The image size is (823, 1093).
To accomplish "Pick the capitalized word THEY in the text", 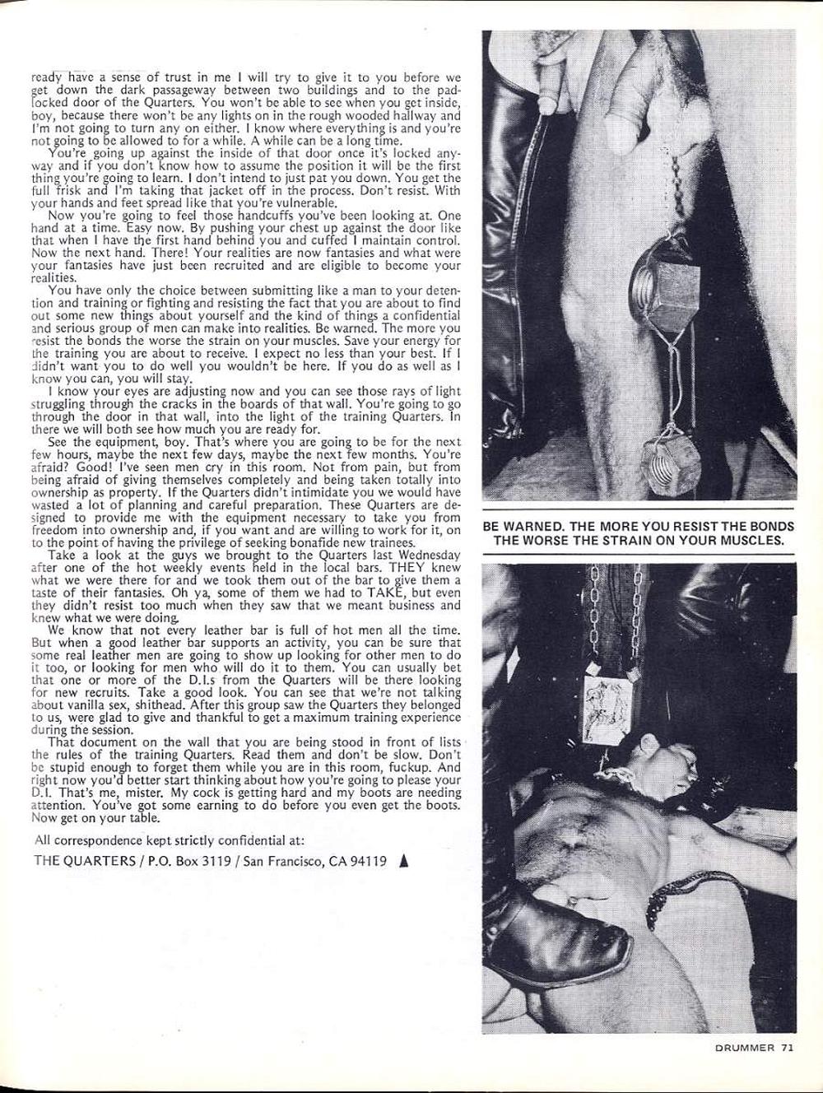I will [x=408, y=567].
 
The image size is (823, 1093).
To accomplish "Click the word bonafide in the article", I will [x=309, y=543].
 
